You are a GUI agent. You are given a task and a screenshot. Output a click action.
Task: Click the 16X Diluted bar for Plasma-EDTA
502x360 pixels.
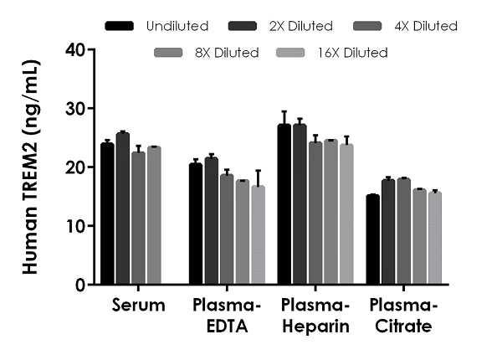(x=258, y=235)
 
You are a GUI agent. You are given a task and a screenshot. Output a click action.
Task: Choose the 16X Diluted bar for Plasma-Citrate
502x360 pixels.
(x=434, y=239)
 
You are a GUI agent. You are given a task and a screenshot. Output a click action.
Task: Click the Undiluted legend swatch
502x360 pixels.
(x=122, y=26)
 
